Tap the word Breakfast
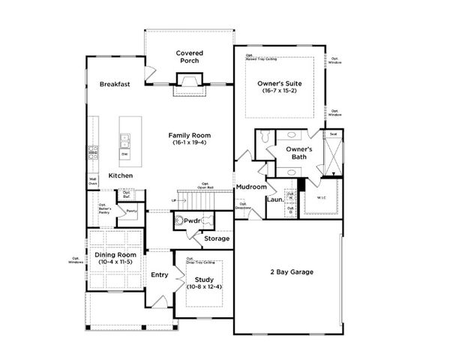[115, 85]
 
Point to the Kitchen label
[121, 175]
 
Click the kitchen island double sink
[124, 139]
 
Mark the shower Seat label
[331, 135]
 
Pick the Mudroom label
[250, 187]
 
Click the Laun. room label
[274, 200]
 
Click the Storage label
[217, 239]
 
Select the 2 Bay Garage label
[291, 271]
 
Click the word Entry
[159, 275]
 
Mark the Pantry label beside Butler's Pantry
[130, 211]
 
